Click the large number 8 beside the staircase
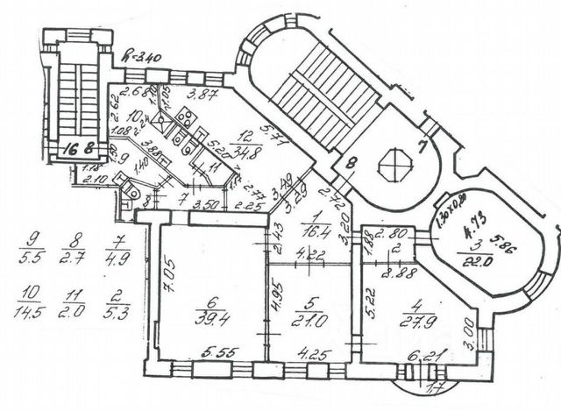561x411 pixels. (350, 160)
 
